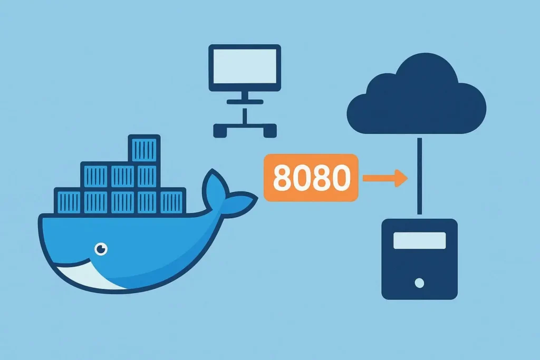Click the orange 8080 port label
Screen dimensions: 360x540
click(x=311, y=178)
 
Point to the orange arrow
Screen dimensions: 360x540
click(x=385, y=178)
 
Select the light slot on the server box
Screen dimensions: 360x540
click(x=419, y=240)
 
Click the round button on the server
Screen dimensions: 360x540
click(x=419, y=283)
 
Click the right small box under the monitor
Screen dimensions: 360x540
click(x=267, y=130)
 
